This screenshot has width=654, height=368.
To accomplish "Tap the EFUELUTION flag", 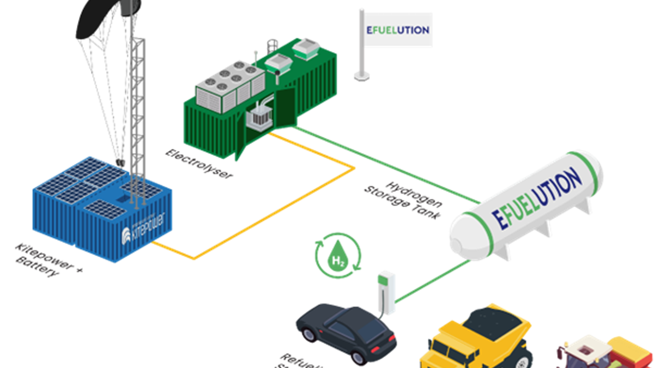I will point(397,30).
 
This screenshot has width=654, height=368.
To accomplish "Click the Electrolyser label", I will point(199,165).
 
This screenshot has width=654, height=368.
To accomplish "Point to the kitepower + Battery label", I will point(46,261).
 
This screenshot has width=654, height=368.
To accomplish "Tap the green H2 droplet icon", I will point(338,255).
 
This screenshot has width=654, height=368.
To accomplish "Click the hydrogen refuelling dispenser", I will point(386,292).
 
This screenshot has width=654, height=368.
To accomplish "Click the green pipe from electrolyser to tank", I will point(381,161).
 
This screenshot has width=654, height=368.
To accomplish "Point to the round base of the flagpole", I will point(362,76).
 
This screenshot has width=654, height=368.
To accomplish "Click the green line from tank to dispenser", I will point(431,281).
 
